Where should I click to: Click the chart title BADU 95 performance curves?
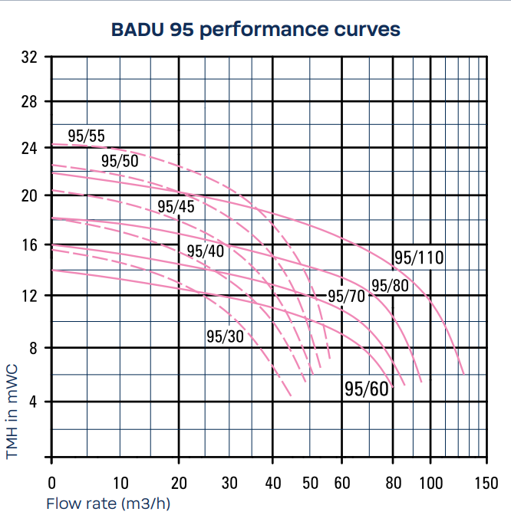point(256,30)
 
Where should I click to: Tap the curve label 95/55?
point(86,136)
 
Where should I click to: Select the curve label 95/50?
point(120,160)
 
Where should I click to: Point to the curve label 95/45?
point(176,206)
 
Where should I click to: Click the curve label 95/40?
point(205,251)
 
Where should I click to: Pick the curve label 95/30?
point(225,336)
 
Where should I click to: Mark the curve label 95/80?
point(390,285)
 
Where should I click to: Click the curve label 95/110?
point(419,257)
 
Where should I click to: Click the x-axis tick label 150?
point(486,483)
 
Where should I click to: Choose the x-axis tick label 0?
point(51,483)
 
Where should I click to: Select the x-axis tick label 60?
point(342,483)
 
